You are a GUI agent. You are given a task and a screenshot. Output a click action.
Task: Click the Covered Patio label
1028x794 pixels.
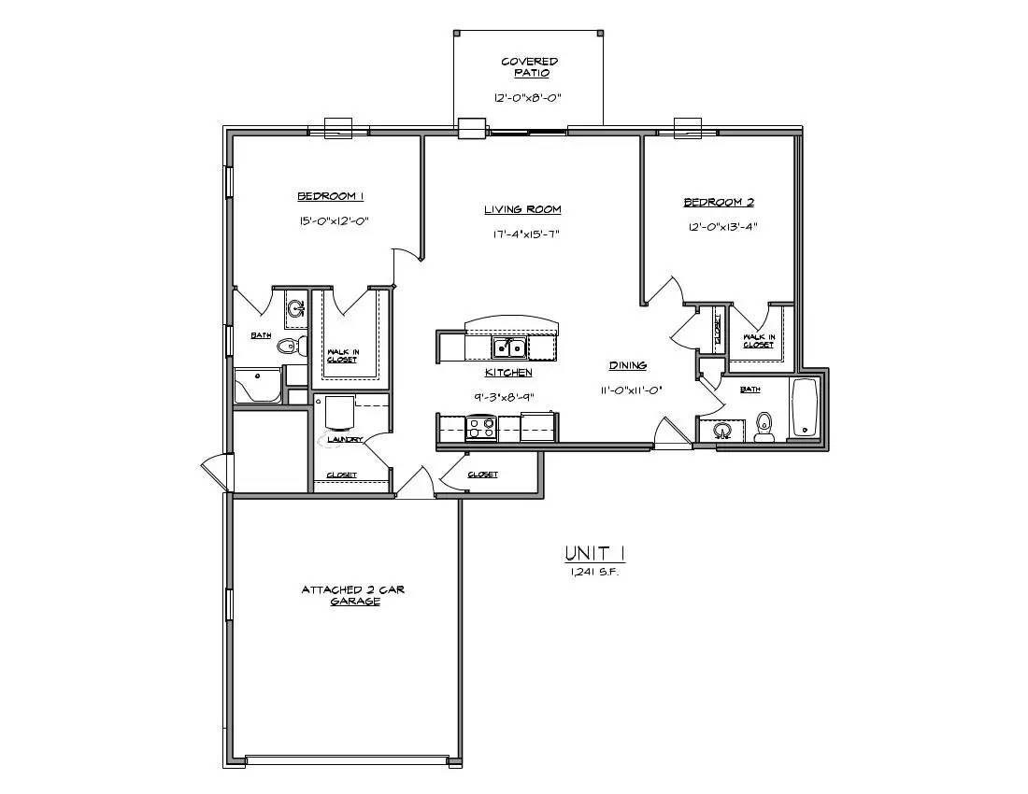pos(529,67)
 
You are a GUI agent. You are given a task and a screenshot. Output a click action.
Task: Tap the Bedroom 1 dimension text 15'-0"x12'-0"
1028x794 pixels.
pos(334,221)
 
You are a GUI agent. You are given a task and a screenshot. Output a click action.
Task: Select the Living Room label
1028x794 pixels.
pos(522,209)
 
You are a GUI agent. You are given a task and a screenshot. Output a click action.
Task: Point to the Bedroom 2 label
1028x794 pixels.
pos(719,203)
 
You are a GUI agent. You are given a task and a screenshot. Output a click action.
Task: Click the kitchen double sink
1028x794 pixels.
pos(509,347)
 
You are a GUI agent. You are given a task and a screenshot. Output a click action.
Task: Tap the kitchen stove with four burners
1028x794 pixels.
pos(481,428)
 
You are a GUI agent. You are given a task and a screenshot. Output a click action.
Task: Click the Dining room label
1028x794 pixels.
pos(627,365)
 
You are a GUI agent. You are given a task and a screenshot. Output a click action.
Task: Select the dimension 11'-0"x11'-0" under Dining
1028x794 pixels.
pos(630,390)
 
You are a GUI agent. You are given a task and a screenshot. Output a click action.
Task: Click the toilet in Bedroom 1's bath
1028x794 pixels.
pos(292,346)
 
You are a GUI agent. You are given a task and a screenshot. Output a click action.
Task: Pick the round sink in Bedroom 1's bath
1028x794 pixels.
pos(297,307)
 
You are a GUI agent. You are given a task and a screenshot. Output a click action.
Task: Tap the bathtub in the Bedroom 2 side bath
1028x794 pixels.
pos(804,407)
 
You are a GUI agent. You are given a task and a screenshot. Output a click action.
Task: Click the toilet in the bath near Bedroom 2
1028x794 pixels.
pos(764,427)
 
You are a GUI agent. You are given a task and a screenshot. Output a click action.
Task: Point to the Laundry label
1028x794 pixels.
pos(344,440)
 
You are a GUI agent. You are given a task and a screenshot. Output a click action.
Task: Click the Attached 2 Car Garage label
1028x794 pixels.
pos(352,596)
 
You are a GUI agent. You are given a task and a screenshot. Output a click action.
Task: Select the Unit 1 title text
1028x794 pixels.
pos(594,554)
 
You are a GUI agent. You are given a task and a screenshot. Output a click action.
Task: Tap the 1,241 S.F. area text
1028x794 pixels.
pos(594,572)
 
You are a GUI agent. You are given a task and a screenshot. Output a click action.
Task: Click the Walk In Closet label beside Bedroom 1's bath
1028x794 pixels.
pos(343,356)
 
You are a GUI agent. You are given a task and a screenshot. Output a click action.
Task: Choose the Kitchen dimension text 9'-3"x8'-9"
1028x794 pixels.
pos(508,397)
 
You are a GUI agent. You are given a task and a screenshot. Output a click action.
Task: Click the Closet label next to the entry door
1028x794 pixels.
pos(482,475)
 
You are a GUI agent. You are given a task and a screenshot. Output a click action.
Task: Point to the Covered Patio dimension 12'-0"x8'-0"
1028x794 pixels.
pos(528,97)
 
